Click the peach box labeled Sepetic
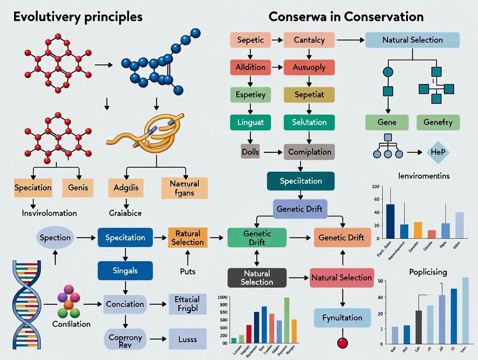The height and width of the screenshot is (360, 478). (250, 40)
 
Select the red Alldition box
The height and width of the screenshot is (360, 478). (250, 67)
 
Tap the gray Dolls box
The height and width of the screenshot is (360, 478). (250, 152)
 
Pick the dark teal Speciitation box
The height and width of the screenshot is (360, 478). (300, 181)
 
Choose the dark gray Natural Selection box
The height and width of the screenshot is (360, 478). (257, 278)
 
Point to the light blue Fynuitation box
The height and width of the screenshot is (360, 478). (342, 318)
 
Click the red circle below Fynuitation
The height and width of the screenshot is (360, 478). (342, 343)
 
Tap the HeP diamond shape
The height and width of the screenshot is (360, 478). (438, 152)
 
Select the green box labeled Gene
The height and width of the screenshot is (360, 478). (387, 122)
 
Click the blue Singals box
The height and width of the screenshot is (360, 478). (125, 270)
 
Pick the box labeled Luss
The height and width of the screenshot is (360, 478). (187, 340)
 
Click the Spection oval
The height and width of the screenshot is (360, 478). (55, 238)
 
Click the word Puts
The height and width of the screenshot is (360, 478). (187, 271)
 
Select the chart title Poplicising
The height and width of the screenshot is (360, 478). (428, 272)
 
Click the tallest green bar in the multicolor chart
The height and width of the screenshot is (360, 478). (286, 320)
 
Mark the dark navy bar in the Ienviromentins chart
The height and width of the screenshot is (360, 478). (390, 221)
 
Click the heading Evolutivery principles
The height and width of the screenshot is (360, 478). (78, 17)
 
